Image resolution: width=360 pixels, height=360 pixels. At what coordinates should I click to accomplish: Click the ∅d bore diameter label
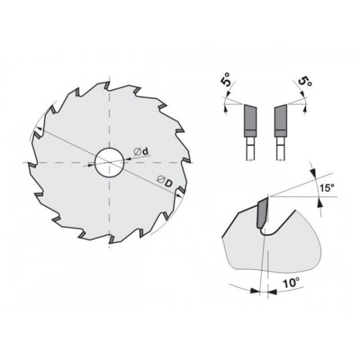[x=141, y=152]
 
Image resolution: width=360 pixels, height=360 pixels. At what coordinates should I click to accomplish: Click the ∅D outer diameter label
[x=164, y=181]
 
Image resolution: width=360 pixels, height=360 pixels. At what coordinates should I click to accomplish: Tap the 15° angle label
[x=327, y=188]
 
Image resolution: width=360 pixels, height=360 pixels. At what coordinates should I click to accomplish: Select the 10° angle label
[x=291, y=283]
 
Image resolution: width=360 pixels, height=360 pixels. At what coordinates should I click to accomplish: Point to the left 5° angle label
[x=226, y=79]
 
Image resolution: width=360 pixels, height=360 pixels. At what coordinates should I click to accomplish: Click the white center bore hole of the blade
[x=110, y=163]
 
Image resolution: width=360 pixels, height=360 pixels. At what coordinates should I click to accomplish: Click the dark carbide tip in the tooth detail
[x=263, y=213]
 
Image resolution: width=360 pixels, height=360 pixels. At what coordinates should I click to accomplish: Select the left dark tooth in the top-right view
[x=250, y=121]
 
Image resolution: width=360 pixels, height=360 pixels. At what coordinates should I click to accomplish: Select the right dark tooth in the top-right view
[x=280, y=121]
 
